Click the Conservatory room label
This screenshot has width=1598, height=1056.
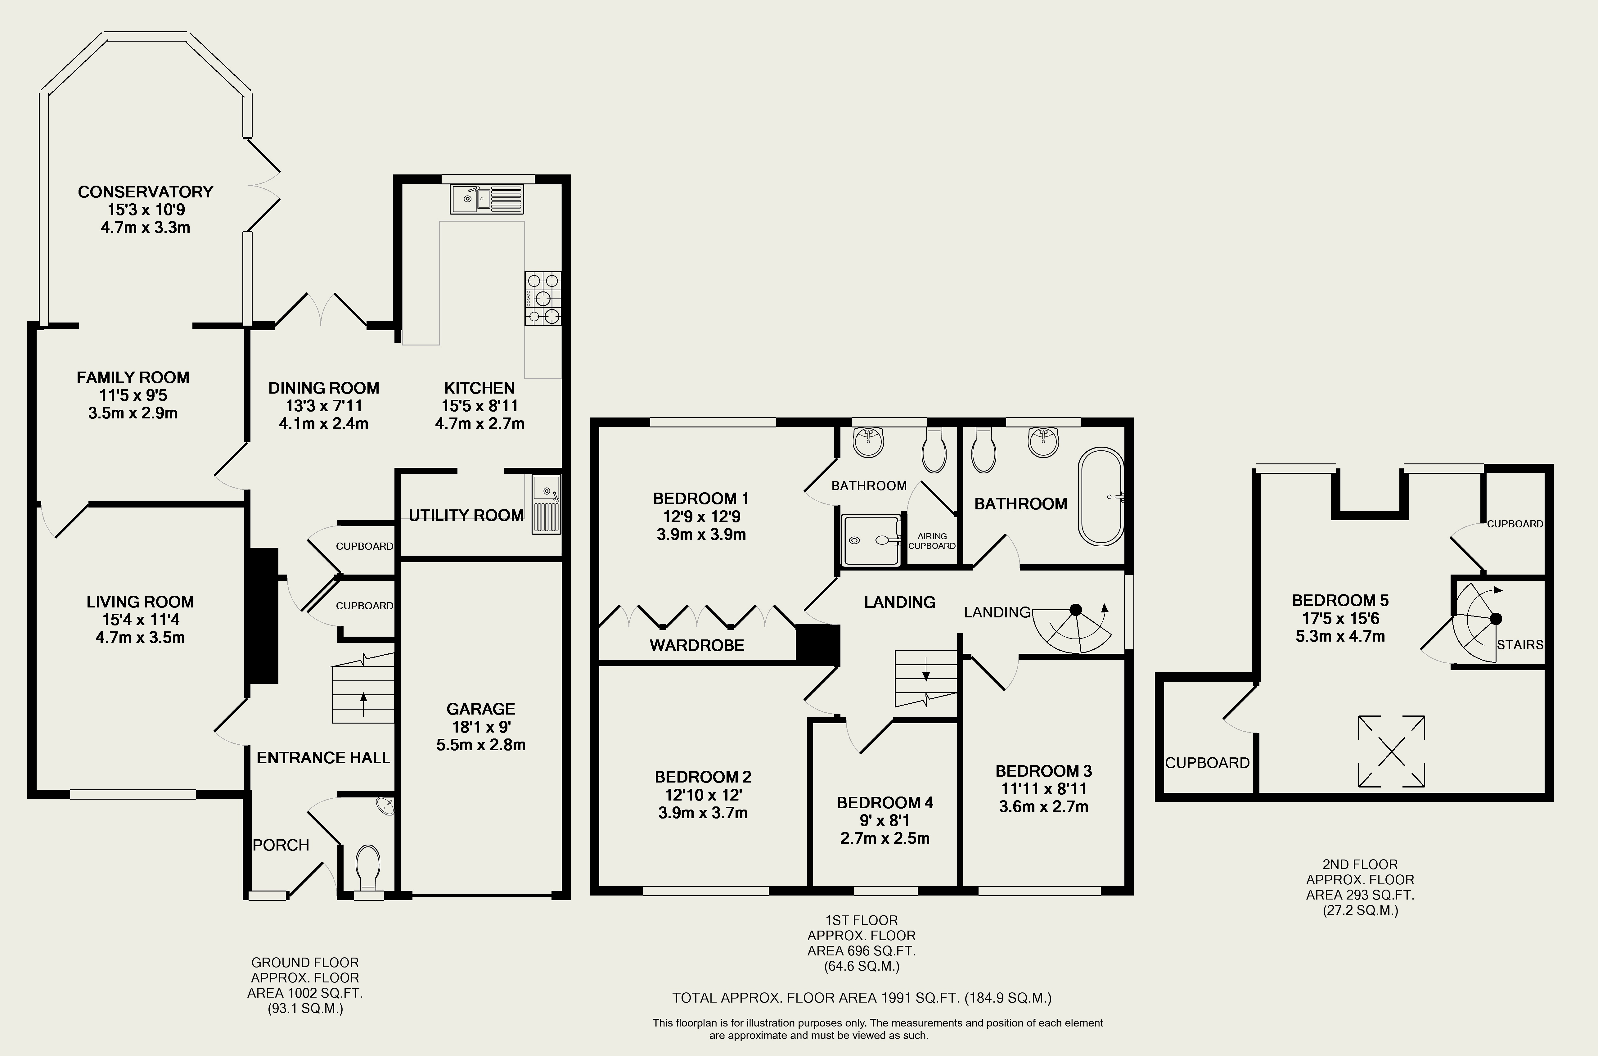pos(146,192)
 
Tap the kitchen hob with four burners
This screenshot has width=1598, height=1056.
pos(543,298)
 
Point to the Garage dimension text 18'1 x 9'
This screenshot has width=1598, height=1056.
pos(481,727)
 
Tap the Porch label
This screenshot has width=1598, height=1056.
pos(281,845)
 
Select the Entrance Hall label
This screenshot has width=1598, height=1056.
pos(323,758)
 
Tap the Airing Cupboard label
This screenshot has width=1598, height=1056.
pos(932,541)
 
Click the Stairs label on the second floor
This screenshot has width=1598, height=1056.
pos(1520,644)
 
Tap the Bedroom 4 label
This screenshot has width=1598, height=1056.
pos(885,803)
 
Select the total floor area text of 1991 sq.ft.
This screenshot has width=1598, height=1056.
pos(862,998)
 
